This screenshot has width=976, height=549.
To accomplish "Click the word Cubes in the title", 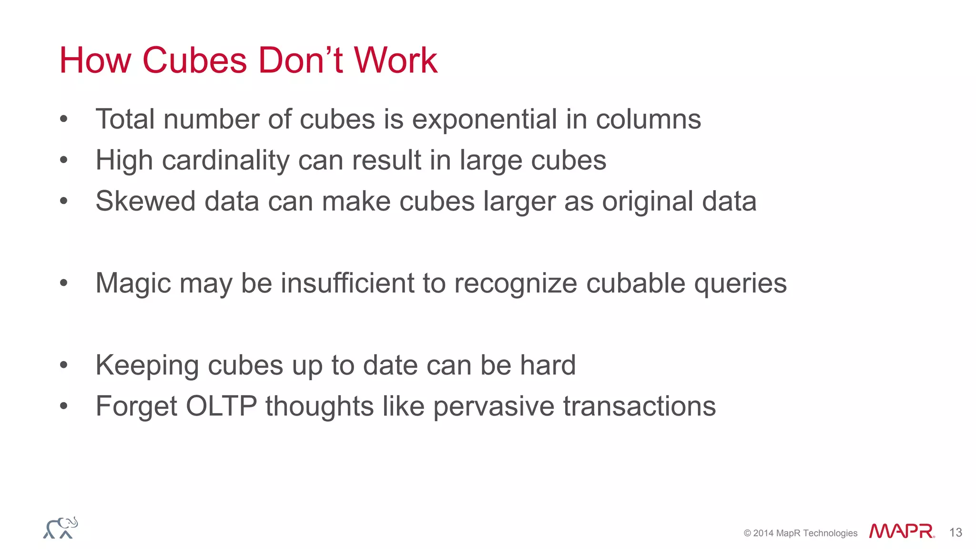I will tap(194, 61).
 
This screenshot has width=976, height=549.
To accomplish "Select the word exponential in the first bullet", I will tap(484, 119).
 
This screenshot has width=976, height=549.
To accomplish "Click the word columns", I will tap(648, 119).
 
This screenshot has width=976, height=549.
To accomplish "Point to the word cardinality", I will tap(225, 160).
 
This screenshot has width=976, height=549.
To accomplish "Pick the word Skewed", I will tap(145, 201).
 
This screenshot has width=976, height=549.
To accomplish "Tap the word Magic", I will tap(133, 283).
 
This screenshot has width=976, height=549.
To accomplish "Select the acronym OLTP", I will tap(221, 407).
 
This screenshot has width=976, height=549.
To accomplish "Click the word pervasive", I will tap(494, 407).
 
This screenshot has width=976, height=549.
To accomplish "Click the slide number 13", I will tap(956, 533).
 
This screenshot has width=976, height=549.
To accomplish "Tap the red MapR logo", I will tap(901, 531).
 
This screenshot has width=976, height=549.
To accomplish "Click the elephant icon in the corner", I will tap(61, 528).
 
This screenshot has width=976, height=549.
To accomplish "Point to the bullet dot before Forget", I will tap(64, 407).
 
